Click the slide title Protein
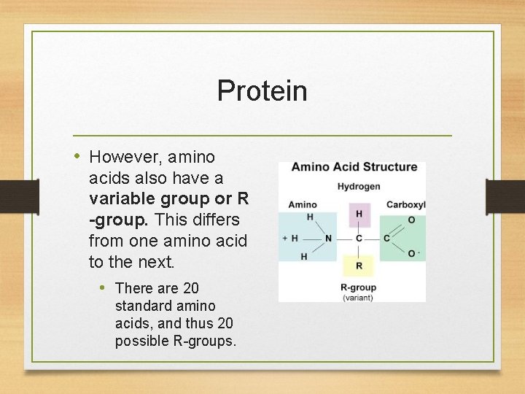(262, 91)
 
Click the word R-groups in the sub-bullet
(206, 341)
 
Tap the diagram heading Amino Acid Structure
(354, 167)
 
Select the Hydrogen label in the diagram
(358, 187)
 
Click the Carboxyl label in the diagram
(405, 205)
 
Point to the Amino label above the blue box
(303, 205)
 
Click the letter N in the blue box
(328, 239)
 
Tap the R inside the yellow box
(359, 266)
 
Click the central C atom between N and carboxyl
(359, 239)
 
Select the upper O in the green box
(411, 220)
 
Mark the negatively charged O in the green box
(412, 253)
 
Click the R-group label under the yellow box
(358, 288)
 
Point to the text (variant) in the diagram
(358, 297)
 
